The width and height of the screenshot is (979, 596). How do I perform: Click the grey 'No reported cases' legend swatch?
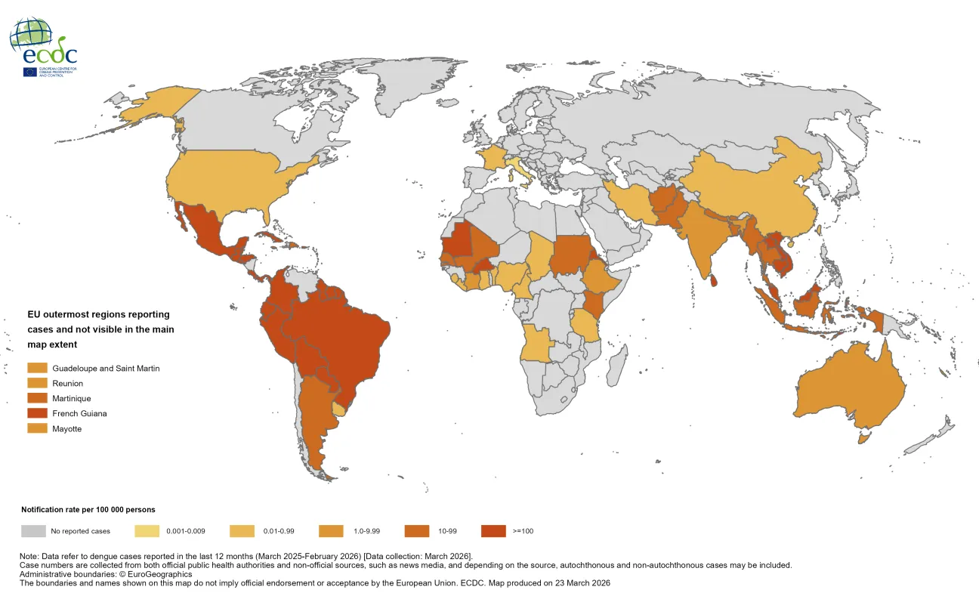pos(33,531)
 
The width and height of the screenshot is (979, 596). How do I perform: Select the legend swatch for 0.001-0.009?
pos(148,531)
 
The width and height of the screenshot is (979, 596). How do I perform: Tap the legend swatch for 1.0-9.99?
pos(332,531)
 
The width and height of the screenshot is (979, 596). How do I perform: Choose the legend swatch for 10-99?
pos(418,531)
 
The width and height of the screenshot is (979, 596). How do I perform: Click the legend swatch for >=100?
pos(494,531)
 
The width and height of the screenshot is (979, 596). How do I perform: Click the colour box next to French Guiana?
pos(37,413)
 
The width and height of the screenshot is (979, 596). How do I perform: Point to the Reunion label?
pos(67,383)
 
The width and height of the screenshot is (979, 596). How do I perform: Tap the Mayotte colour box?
pos(37,428)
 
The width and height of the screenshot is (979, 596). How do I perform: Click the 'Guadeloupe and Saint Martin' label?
pos(106,368)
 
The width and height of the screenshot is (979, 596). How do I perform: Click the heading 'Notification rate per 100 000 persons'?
pos(88,510)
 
